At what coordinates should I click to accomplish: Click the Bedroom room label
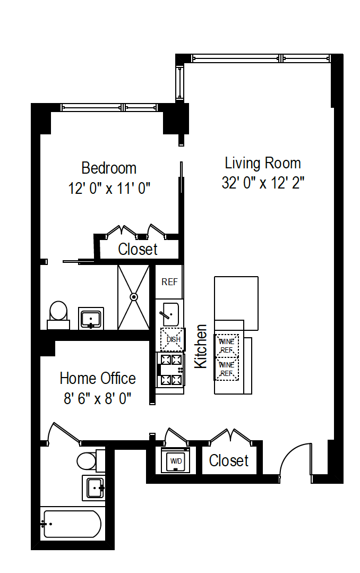[109, 168]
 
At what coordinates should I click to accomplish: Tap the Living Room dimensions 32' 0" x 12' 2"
[262, 183]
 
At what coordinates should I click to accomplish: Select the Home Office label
[97, 378]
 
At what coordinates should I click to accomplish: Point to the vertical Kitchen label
[201, 346]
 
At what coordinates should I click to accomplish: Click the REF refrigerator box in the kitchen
[169, 282]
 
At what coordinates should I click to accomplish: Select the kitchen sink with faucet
[170, 314]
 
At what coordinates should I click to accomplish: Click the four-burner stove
[170, 370]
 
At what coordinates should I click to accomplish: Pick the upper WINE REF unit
[227, 346]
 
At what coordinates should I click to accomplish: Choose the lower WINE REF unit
[227, 369]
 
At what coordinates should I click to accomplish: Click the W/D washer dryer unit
[175, 461]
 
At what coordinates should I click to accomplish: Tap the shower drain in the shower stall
[134, 297]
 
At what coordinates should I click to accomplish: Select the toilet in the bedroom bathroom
[58, 313]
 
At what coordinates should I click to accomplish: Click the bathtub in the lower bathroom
[71, 524]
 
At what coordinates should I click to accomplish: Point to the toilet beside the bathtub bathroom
[88, 460]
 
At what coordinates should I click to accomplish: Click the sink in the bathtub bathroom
[94, 488]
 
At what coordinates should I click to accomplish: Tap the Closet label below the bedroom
[138, 249]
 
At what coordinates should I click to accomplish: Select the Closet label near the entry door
[228, 460]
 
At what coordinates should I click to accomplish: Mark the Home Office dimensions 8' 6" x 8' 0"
[97, 398]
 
